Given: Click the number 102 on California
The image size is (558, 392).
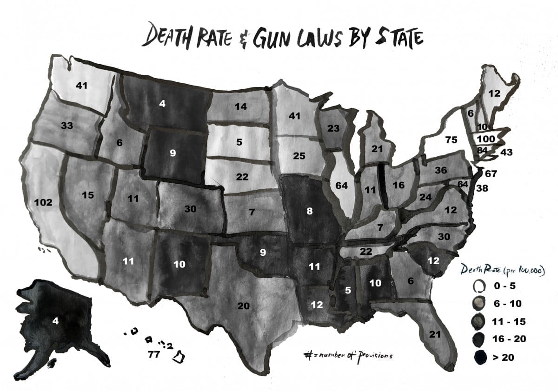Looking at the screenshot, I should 43,203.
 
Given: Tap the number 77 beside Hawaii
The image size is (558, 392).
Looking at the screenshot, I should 154,355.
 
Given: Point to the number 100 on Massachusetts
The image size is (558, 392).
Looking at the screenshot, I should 485,138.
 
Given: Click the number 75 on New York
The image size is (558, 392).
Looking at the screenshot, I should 451,140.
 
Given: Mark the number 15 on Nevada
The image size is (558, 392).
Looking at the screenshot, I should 88,195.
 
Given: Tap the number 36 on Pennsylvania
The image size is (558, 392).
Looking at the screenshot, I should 440,170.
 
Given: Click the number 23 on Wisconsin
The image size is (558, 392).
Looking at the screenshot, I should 333,128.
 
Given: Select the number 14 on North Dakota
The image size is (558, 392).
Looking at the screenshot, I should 240,106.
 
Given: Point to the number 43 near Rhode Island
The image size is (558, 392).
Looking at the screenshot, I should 506,152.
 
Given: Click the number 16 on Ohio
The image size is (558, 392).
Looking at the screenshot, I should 399,185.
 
